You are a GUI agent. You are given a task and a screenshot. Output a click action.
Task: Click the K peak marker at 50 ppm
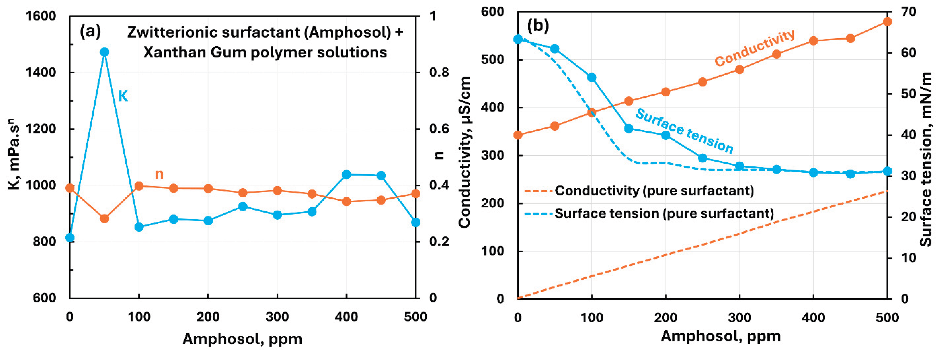tap(104, 52)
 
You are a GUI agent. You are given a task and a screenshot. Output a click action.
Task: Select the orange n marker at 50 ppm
tap(104, 219)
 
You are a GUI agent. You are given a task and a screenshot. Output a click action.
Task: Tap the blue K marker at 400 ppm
tap(346, 175)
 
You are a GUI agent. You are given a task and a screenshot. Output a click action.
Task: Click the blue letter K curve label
tap(123, 96)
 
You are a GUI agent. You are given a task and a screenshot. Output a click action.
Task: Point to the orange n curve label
tap(159, 174)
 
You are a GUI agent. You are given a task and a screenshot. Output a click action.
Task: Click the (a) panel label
tap(90, 32)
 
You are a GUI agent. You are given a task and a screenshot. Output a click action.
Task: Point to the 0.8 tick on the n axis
tap(439, 73)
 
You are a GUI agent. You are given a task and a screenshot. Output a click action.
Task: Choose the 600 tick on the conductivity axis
tap(492, 12)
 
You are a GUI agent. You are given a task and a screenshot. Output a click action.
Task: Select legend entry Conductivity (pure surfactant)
tap(654, 191)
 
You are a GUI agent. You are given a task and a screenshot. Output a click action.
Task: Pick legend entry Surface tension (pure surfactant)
tap(664, 214)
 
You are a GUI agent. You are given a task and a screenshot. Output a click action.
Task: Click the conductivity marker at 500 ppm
tap(887, 22)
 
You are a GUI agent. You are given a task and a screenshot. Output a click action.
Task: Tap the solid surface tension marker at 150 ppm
tap(629, 129)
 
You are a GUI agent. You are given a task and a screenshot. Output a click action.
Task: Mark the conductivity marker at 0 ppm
tap(518, 135)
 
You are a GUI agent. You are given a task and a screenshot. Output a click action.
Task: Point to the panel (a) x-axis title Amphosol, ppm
tap(242, 339)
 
